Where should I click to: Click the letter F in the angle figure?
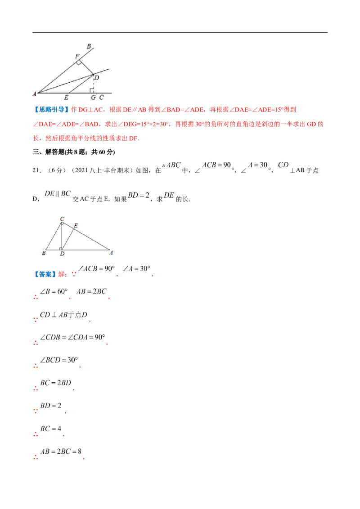77,56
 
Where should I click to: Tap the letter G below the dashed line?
93,97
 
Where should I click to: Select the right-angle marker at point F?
79,63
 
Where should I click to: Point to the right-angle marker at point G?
91,91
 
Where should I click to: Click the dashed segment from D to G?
94,83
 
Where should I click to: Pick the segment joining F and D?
85,67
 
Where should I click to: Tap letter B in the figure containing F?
89,46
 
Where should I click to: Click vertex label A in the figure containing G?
34,94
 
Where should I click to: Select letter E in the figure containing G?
66,97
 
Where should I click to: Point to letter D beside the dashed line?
97,78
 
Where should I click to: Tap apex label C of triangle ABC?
62,219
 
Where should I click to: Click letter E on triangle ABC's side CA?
75,225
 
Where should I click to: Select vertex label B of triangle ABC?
43,254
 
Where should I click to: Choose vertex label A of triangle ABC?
111,253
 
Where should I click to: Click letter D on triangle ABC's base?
62,254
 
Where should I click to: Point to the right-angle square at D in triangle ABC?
61,248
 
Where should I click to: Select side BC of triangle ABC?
54,236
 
